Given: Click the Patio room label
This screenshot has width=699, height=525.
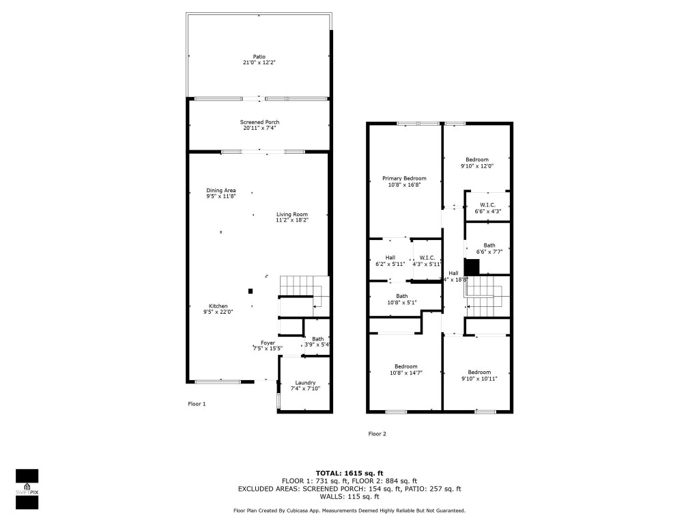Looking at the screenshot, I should (x=259, y=57).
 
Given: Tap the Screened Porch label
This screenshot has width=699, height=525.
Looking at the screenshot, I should (x=260, y=122).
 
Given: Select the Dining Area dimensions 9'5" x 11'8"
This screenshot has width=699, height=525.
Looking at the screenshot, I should (x=221, y=196).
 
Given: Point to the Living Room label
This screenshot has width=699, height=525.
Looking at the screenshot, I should (x=292, y=214).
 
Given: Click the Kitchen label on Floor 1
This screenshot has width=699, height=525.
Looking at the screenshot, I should (x=218, y=306).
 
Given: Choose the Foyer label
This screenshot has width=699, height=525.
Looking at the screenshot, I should (x=268, y=342).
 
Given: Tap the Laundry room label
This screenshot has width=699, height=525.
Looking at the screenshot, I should (x=305, y=382).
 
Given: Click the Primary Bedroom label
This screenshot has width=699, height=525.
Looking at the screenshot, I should (x=404, y=178).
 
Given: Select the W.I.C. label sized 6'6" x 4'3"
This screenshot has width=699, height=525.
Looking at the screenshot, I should (x=487, y=204).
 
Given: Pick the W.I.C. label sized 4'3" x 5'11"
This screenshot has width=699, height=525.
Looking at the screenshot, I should (x=427, y=258).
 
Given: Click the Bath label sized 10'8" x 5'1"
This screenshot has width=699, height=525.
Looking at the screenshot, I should (x=402, y=296).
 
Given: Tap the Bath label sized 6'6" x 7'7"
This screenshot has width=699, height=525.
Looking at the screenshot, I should (x=489, y=245).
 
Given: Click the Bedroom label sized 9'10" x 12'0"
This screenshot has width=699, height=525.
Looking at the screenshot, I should (x=477, y=159).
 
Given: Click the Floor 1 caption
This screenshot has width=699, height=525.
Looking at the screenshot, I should (x=197, y=404).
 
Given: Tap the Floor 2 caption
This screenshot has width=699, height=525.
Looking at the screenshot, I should (x=377, y=433).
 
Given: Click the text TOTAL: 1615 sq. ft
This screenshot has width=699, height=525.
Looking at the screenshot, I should (x=349, y=473).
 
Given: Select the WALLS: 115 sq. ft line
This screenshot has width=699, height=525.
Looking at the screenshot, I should (x=349, y=497).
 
